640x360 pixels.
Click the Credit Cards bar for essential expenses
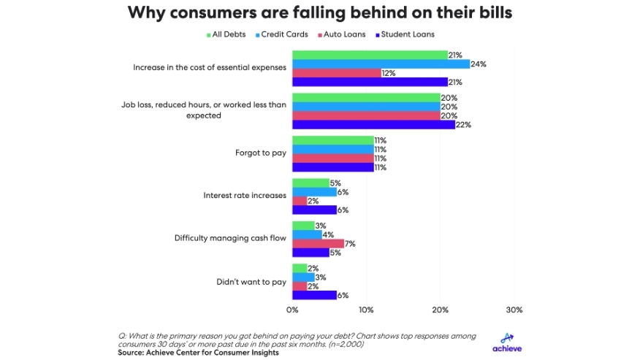pos(381,64)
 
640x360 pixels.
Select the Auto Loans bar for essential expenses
pos(337,73)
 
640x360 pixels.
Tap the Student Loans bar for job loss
pos(373,124)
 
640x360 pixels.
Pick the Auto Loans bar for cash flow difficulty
pos(318,243)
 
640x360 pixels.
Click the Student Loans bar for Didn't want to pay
pos(314,294)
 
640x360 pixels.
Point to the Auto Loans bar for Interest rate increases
pos(300,201)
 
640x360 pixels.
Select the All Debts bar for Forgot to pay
pos(332,140)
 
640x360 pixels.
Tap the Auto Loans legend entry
pos(342,34)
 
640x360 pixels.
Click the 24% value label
pos(479,64)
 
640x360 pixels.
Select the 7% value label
pos(351,243)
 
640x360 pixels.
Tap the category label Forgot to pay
pos(259,153)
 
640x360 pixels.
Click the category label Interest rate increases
pos(244,196)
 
